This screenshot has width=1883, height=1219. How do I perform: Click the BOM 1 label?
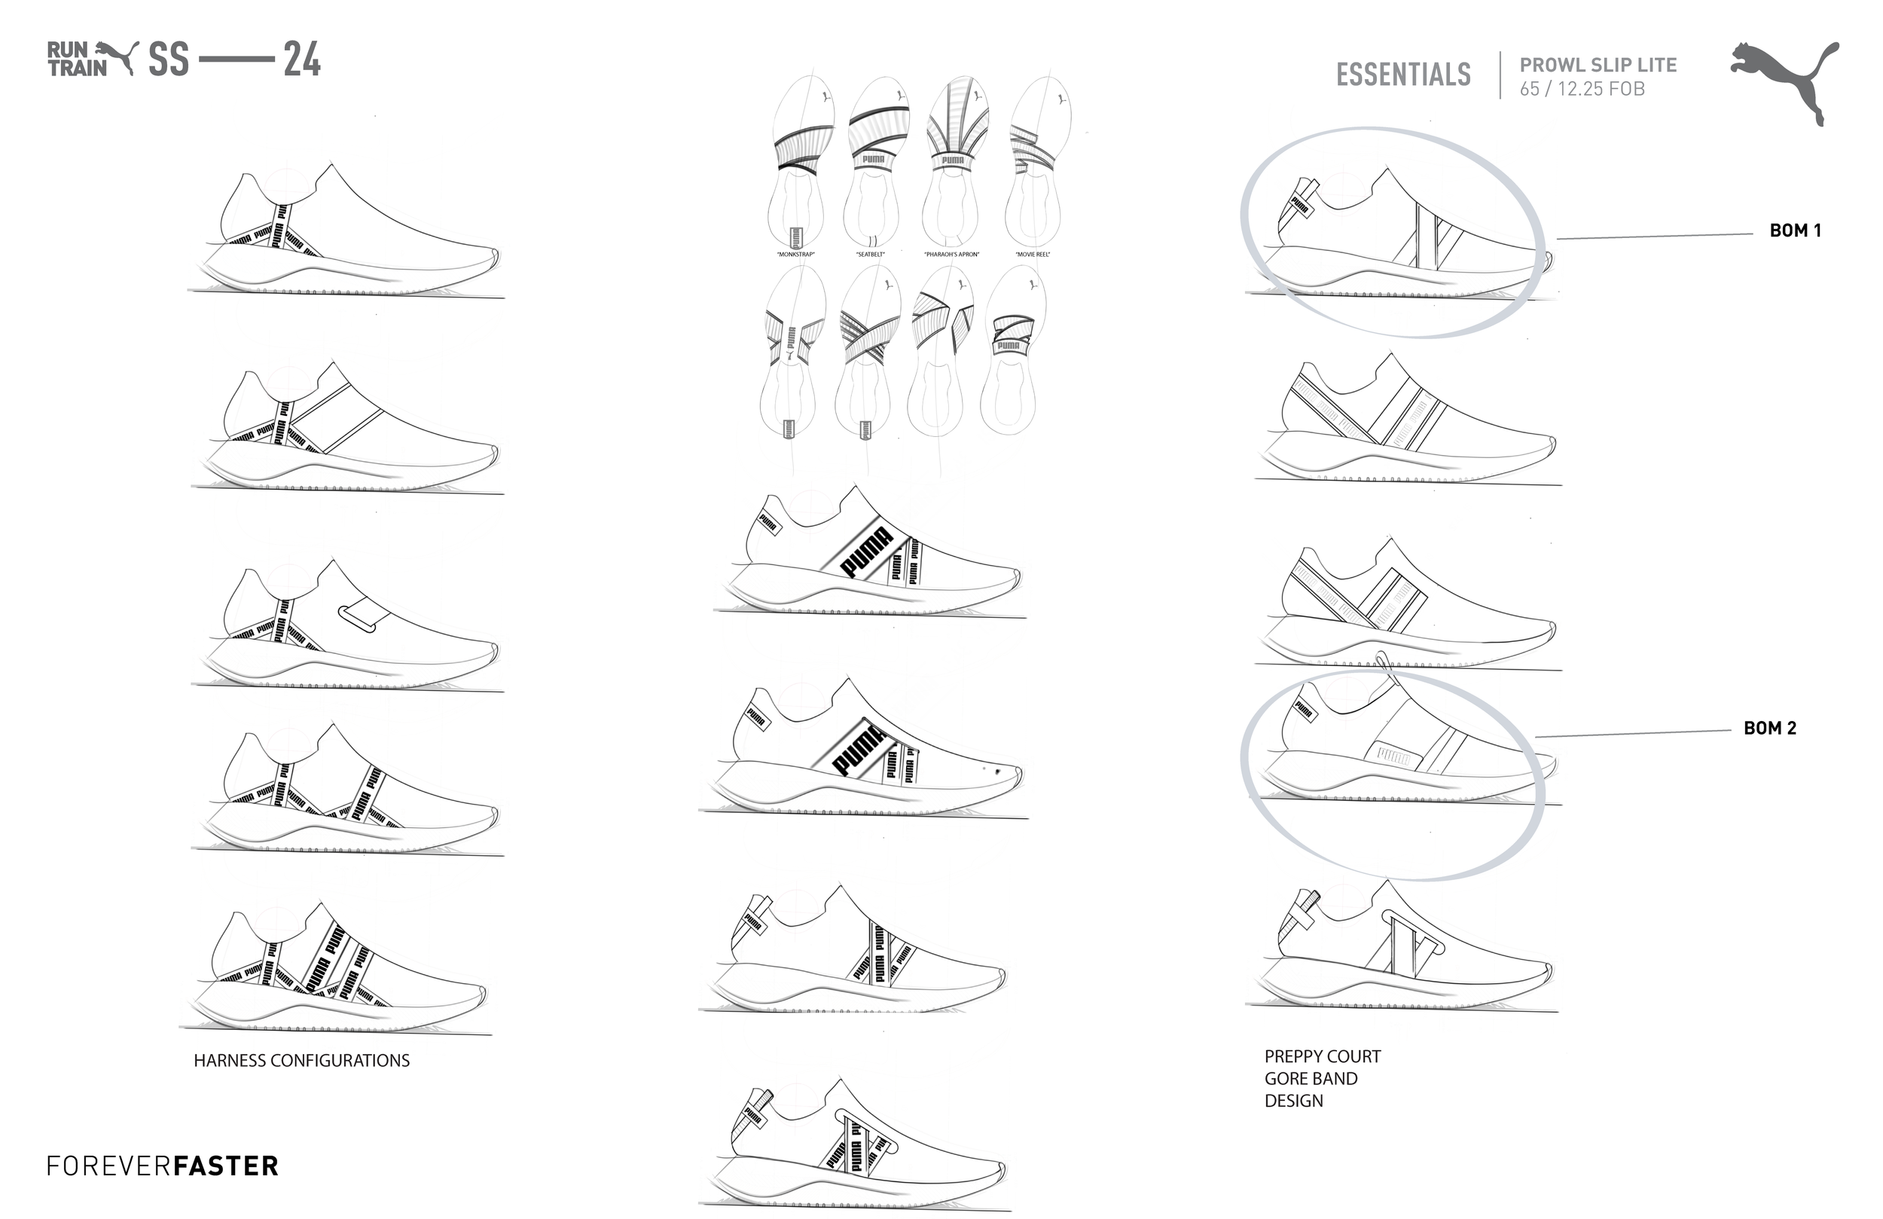(x=1794, y=231)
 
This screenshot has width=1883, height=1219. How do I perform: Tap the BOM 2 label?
(x=1769, y=729)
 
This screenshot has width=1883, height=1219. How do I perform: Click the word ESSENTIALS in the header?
(x=1402, y=75)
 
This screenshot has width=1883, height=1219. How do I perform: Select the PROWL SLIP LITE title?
(x=1598, y=65)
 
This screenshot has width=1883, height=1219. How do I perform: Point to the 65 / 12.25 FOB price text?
(x=1582, y=90)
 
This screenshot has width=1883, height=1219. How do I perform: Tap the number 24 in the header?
(x=301, y=60)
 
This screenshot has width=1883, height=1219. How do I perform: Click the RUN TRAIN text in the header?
(x=77, y=60)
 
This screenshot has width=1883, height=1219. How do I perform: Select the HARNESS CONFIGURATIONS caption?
(x=301, y=1061)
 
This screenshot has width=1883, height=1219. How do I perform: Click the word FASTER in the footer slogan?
(x=225, y=1166)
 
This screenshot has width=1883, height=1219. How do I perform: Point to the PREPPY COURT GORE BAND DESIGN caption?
(x=1321, y=1078)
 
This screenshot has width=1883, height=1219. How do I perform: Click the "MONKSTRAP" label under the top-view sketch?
(x=795, y=255)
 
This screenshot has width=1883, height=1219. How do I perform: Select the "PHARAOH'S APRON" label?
(x=951, y=255)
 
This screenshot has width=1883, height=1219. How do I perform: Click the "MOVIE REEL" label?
(x=1033, y=255)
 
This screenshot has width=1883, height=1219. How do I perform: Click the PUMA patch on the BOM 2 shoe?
(x=1393, y=756)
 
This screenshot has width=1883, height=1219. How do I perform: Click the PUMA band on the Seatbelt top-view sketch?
(x=874, y=160)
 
